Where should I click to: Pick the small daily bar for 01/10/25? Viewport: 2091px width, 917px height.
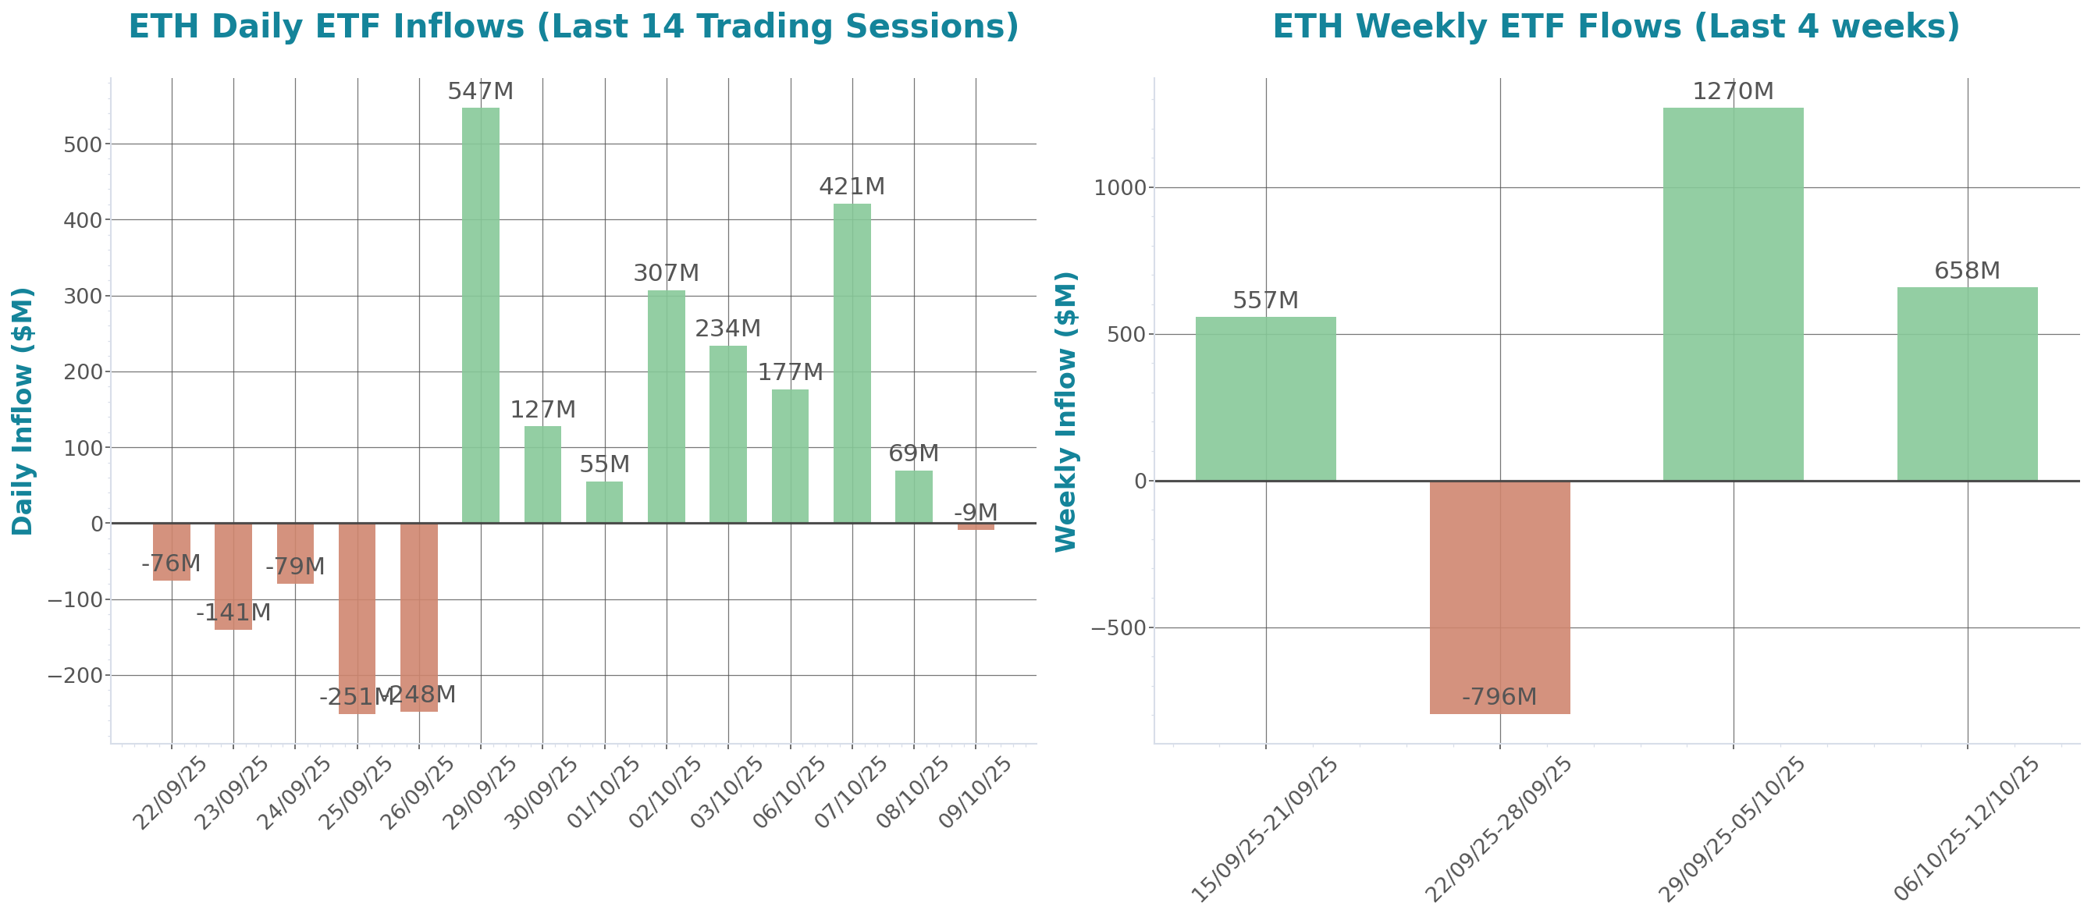[x=604, y=503]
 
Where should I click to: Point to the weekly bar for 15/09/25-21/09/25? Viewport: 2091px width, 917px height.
[x=1265, y=399]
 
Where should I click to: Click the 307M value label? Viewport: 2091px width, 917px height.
[x=666, y=273]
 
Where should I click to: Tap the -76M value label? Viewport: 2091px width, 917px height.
[x=170, y=563]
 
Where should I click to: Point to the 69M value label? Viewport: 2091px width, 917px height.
[x=913, y=453]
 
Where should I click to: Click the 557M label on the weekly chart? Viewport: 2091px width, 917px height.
[x=1265, y=301]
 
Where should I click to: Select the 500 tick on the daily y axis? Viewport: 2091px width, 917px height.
[x=83, y=144]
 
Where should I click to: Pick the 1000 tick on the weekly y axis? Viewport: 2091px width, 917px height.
[x=1120, y=188]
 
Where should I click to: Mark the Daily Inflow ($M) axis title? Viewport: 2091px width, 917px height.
[x=23, y=411]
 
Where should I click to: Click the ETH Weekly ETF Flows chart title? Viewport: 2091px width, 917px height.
[x=1616, y=26]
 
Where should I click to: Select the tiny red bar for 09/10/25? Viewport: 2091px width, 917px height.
[x=975, y=527]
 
